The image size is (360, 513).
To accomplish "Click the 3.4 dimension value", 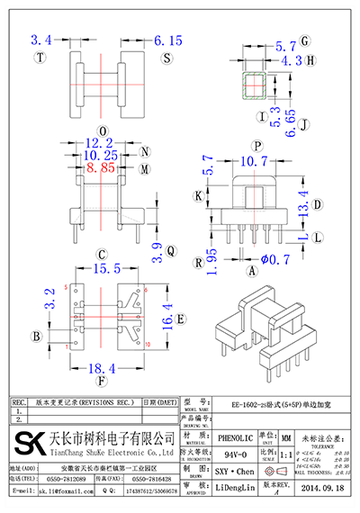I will [x=41, y=40].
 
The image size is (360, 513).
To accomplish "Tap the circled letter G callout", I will [x=305, y=41].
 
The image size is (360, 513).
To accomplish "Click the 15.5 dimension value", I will [x=105, y=269].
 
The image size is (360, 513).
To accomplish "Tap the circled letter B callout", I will [x=36, y=337].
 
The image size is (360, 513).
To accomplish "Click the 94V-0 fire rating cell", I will [x=236, y=456].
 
